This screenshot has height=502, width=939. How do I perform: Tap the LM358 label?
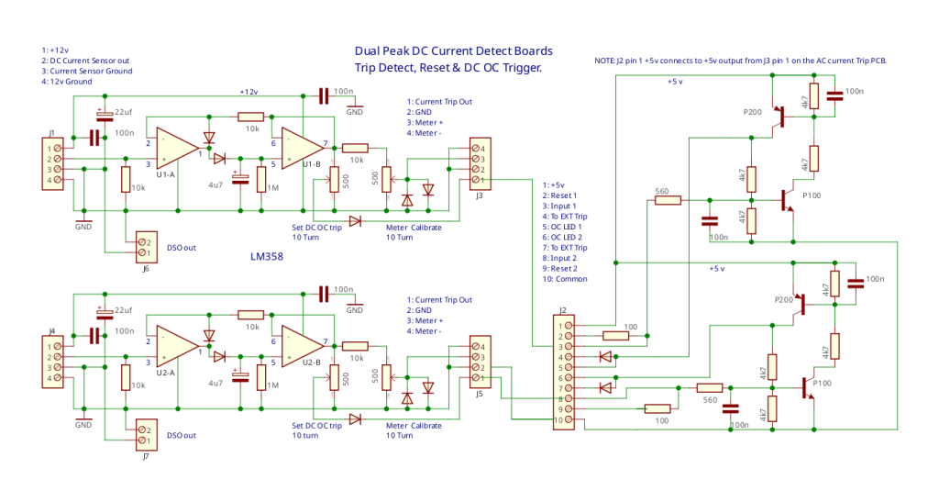[x=266, y=257]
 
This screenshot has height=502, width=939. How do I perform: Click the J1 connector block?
[x=54, y=163]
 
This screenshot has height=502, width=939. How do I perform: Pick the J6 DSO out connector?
[x=145, y=247]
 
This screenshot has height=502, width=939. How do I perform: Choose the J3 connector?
[x=478, y=163]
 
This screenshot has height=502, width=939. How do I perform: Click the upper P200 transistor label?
[x=752, y=111]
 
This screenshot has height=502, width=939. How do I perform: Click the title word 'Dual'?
[x=369, y=51]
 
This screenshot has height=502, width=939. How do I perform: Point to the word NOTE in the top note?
[x=607, y=61]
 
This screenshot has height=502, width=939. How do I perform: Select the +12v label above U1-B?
[x=249, y=92]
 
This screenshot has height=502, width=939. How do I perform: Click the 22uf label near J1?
[x=122, y=112]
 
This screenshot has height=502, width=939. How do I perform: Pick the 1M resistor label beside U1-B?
[x=272, y=186]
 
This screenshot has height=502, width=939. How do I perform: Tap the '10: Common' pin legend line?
[x=566, y=279]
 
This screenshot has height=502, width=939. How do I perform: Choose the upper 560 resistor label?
[x=661, y=192]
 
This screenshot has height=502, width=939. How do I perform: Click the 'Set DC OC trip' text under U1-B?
[x=316, y=228]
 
